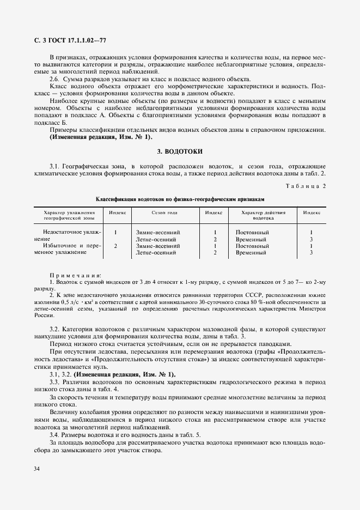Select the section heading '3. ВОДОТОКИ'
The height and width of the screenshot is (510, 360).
(x=180, y=150)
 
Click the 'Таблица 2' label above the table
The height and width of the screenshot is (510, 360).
(x=306, y=186)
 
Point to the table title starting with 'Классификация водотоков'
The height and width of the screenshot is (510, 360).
(x=180, y=199)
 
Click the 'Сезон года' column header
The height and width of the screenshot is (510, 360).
(x=164, y=213)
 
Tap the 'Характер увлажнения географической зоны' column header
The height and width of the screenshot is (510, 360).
(x=69, y=215)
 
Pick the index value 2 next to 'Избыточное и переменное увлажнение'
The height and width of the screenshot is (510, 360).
(x=115, y=246)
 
